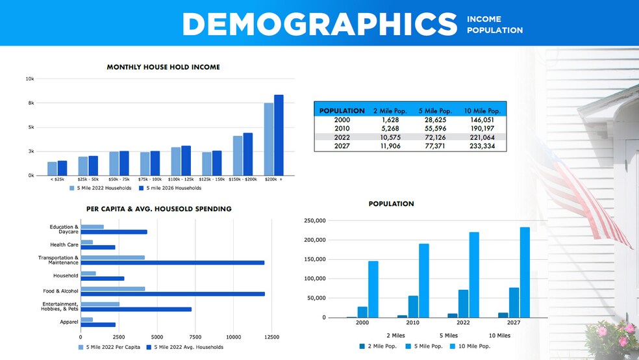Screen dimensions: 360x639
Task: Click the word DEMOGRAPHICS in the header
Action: (319, 25)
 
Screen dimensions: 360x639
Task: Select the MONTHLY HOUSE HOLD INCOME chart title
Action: (163, 67)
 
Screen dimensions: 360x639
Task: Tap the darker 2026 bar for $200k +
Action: (279, 135)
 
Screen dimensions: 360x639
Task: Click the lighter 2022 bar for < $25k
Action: (52, 169)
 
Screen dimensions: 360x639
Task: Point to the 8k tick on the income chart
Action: (30, 103)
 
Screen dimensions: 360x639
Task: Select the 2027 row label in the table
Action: (341, 146)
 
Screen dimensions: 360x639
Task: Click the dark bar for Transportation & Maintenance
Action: (172, 263)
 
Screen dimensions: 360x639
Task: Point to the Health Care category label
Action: (64, 245)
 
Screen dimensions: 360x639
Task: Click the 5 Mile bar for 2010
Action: (413, 306)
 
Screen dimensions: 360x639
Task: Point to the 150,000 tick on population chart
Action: (314, 259)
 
